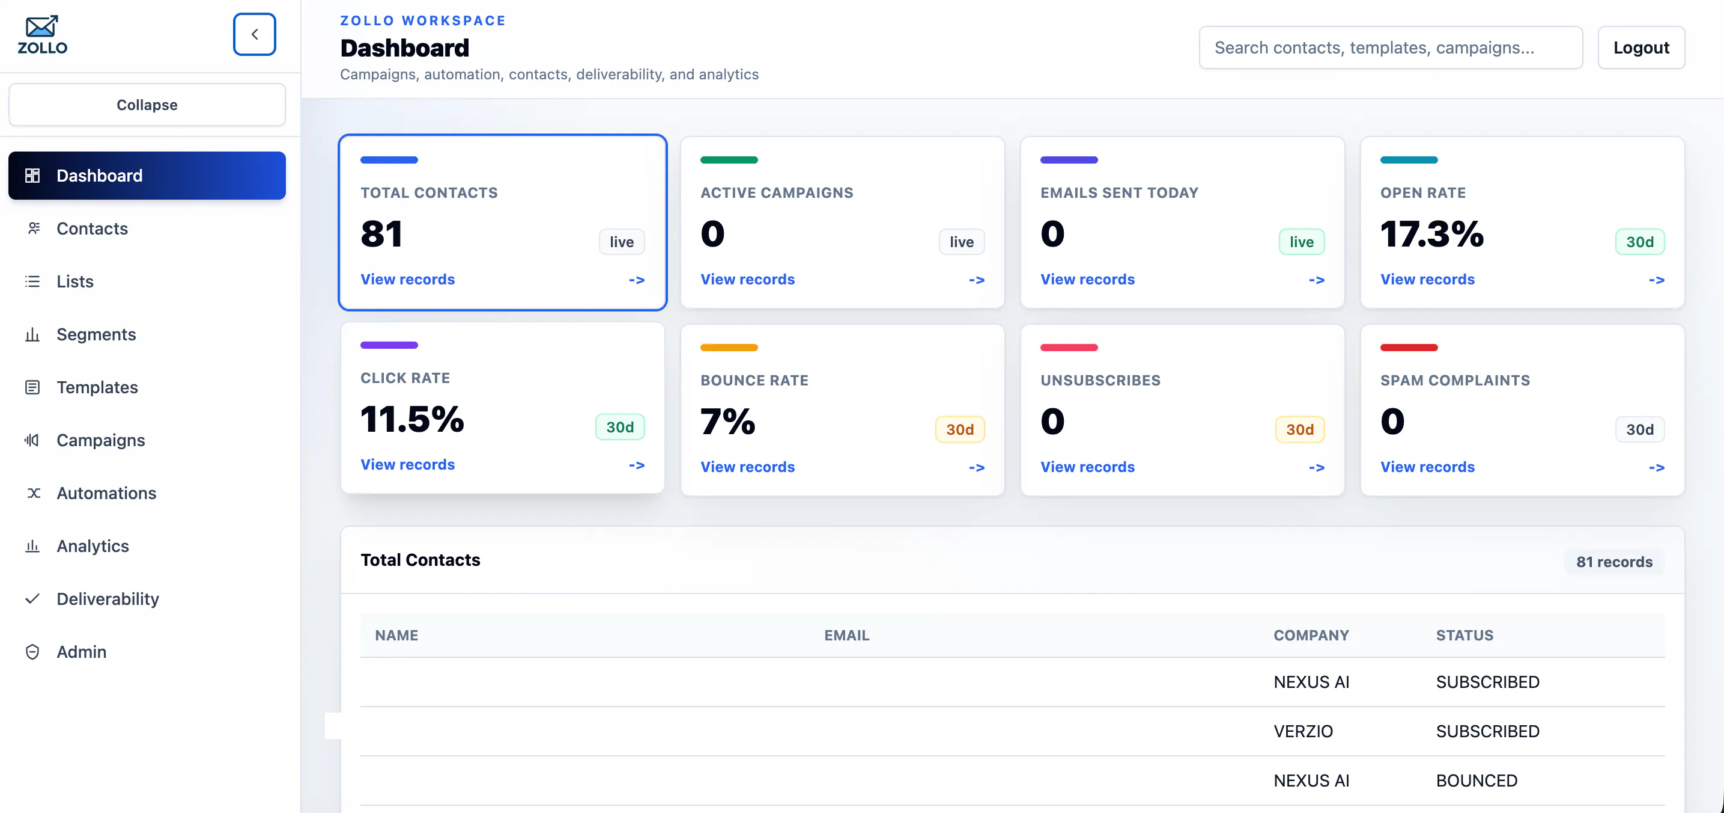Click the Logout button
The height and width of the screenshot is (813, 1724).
pyautogui.click(x=1641, y=48)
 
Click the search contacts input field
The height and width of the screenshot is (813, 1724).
pyautogui.click(x=1390, y=48)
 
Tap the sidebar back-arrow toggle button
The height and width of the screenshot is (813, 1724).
pyautogui.click(x=254, y=34)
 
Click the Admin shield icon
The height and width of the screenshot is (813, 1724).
pyautogui.click(x=32, y=652)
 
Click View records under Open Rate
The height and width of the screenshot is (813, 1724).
pyautogui.click(x=1427, y=279)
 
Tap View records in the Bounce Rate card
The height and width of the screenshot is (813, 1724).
pyautogui.click(x=747, y=467)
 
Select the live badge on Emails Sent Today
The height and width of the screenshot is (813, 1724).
pyautogui.click(x=1301, y=242)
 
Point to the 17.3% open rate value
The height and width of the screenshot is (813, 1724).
pyautogui.click(x=1431, y=234)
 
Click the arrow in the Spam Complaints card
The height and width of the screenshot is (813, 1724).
pyautogui.click(x=1656, y=467)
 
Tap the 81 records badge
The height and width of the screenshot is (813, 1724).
pyautogui.click(x=1613, y=562)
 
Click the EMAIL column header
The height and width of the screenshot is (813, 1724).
pyautogui.click(x=846, y=635)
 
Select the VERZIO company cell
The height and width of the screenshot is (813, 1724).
pyautogui.click(x=1302, y=731)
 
